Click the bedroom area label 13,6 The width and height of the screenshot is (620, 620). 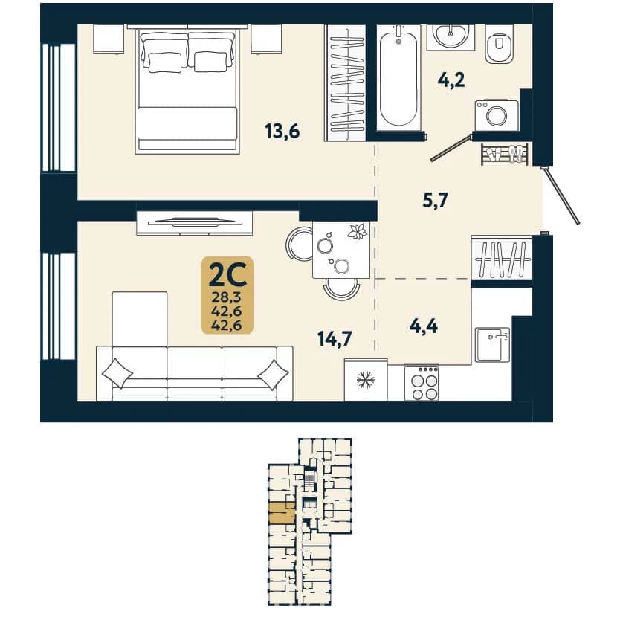pyautogui.click(x=282, y=132)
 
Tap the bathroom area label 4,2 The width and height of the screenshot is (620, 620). pyautogui.click(x=451, y=80)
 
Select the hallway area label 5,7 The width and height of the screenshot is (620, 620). pyautogui.click(x=435, y=201)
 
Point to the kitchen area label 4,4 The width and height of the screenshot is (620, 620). pyautogui.click(x=424, y=326)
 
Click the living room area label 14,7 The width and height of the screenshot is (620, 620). pyautogui.click(x=335, y=339)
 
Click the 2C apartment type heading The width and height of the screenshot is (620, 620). pyautogui.click(x=227, y=275)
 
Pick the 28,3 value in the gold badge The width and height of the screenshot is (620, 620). pyautogui.click(x=227, y=297)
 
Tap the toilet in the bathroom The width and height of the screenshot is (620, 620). pyautogui.click(x=499, y=43)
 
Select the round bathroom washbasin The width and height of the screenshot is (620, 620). pyautogui.click(x=451, y=35)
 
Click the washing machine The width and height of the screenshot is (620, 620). pyautogui.click(x=497, y=115)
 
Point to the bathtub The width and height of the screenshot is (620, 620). pyautogui.click(x=398, y=77)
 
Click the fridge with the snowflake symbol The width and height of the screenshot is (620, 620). pyautogui.click(x=366, y=380)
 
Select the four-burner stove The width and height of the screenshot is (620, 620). pyautogui.click(x=422, y=383)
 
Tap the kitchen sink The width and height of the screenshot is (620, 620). pyautogui.click(x=492, y=344)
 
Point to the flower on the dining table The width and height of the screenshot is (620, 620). pyautogui.click(x=358, y=232)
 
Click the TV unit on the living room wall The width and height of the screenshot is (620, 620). pyautogui.click(x=195, y=223)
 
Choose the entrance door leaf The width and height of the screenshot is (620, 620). pyautogui.click(x=562, y=196)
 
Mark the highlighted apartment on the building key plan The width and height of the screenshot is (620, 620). pyautogui.click(x=282, y=513)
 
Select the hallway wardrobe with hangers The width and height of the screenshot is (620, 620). pyautogui.click(x=502, y=258)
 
